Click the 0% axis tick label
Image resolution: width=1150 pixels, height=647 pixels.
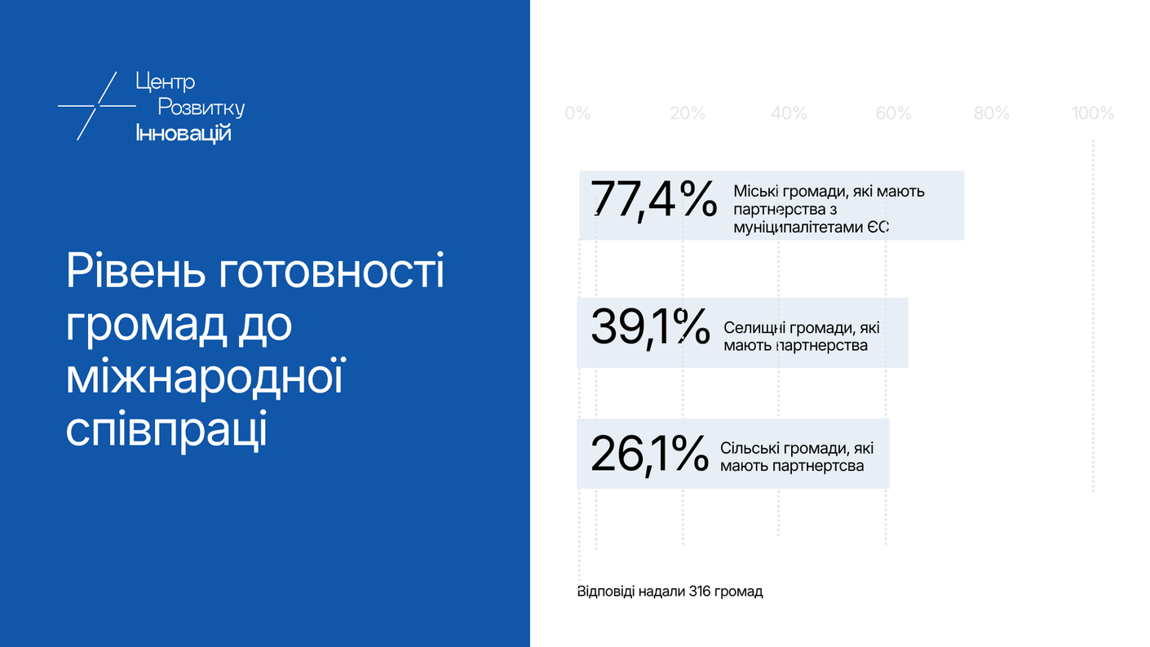point(577,113)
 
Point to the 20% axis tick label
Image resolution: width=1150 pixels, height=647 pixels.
point(688,113)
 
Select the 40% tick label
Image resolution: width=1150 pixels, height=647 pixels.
point(789,113)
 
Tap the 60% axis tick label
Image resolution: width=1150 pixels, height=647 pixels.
point(893,113)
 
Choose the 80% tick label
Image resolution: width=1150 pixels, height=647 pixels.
point(991,113)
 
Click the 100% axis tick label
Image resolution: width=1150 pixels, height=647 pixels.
point(1093,113)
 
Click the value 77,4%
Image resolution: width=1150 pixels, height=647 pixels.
point(653,200)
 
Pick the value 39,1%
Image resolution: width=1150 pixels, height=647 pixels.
point(651,328)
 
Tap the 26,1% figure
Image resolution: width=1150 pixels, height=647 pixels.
point(649,454)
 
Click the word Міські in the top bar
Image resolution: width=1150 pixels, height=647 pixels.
point(755,191)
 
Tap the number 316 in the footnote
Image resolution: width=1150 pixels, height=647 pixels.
point(700,592)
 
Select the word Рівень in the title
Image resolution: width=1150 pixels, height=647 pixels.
point(135,272)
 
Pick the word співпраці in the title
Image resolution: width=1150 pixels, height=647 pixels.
point(167,430)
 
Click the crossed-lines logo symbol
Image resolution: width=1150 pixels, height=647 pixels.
point(96,106)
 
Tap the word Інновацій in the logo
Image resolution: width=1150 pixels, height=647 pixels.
point(184,134)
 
